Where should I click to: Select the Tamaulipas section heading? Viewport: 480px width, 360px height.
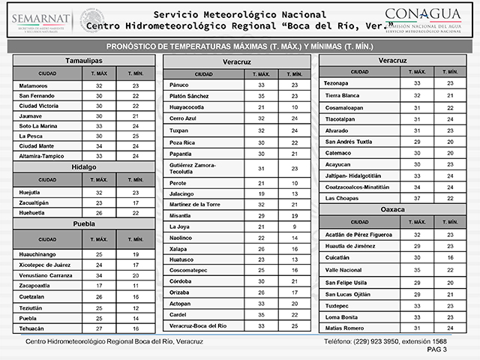click(x=83, y=59)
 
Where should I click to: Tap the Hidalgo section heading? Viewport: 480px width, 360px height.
click(x=83, y=166)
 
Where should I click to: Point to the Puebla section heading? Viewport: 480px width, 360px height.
click(x=83, y=223)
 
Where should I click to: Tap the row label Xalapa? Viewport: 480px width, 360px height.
click(x=179, y=247)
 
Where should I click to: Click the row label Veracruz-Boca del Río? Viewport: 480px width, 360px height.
click(x=197, y=325)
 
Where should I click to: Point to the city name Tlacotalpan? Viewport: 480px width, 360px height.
click(x=344, y=119)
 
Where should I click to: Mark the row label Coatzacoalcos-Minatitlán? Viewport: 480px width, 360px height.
click(x=357, y=187)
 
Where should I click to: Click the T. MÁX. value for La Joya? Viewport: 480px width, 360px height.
click(x=262, y=226)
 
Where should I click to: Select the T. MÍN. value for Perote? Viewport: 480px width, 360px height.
click(x=295, y=183)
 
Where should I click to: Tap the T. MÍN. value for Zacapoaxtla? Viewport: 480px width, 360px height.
click(x=136, y=286)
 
